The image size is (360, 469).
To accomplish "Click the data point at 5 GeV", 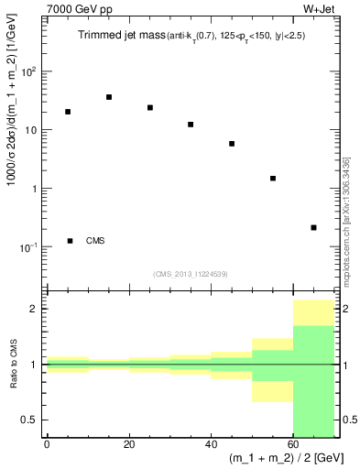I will click(x=68, y=112).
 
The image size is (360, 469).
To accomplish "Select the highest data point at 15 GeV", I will click(x=109, y=97).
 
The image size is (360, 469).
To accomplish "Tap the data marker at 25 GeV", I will click(x=150, y=107).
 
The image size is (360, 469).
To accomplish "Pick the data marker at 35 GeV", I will click(x=191, y=125).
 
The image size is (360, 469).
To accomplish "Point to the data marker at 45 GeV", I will click(x=232, y=144).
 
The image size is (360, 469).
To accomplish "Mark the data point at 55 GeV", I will click(x=273, y=179).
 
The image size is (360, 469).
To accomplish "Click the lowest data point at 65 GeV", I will click(x=314, y=227).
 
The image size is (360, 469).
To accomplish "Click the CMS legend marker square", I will click(x=71, y=241).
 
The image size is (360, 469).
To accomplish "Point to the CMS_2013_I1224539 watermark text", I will click(x=191, y=273).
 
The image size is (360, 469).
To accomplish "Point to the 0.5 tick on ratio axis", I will click(x=31, y=420).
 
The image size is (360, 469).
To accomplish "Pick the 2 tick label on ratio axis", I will click(x=35, y=309).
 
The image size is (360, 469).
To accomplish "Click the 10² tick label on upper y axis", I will click(x=27, y=71).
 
